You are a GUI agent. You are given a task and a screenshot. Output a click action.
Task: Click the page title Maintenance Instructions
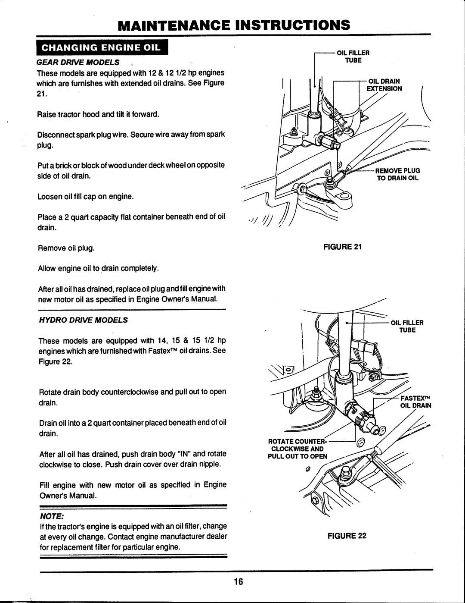tap(232, 24)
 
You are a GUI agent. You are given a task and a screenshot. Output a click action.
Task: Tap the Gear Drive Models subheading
tap(77, 62)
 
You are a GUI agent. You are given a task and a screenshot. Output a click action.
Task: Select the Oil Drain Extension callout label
tap(384, 85)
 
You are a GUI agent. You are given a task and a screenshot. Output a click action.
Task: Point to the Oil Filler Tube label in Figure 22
tap(406, 326)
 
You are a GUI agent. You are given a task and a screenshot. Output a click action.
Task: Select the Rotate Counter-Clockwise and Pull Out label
tap(298, 449)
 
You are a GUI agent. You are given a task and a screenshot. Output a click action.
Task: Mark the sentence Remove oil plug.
tap(66, 248)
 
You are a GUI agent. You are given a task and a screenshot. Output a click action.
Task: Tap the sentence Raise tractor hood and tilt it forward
tap(99, 115)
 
